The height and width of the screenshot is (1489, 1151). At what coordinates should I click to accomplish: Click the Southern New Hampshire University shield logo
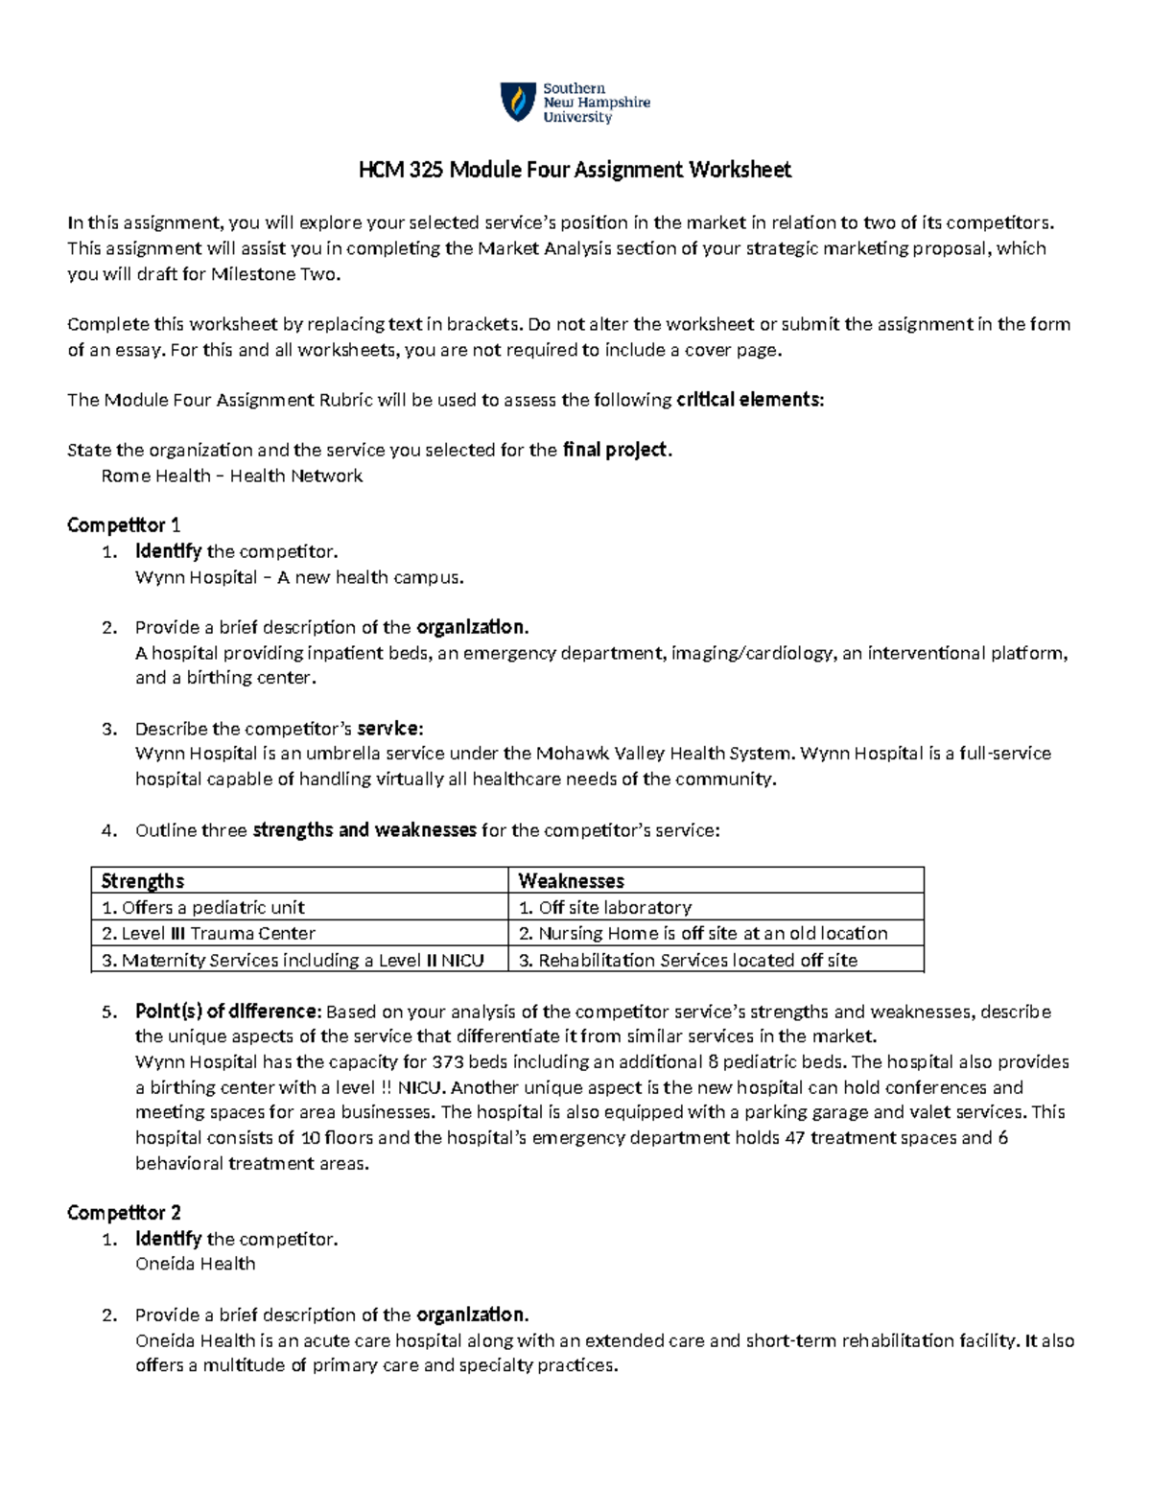[518, 102]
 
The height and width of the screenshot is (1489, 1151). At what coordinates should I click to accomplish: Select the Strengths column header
[143, 881]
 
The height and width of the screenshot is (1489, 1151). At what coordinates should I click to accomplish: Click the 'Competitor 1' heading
[124, 525]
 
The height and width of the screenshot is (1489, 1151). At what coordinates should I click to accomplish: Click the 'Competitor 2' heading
[124, 1213]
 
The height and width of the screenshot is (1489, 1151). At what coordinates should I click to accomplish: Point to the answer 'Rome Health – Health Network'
[231, 476]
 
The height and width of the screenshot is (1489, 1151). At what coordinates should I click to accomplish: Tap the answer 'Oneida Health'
[195, 1264]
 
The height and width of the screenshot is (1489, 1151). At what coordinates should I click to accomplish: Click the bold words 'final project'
[614, 450]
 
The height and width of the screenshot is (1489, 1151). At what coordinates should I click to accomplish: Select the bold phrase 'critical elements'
[748, 400]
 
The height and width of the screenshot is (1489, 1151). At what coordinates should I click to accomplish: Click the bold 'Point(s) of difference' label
[226, 1012]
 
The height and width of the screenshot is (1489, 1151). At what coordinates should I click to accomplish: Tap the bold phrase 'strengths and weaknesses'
[364, 830]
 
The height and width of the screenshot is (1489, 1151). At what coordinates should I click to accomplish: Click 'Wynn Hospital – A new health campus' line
[299, 577]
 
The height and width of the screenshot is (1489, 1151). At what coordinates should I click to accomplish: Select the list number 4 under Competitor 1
[108, 830]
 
